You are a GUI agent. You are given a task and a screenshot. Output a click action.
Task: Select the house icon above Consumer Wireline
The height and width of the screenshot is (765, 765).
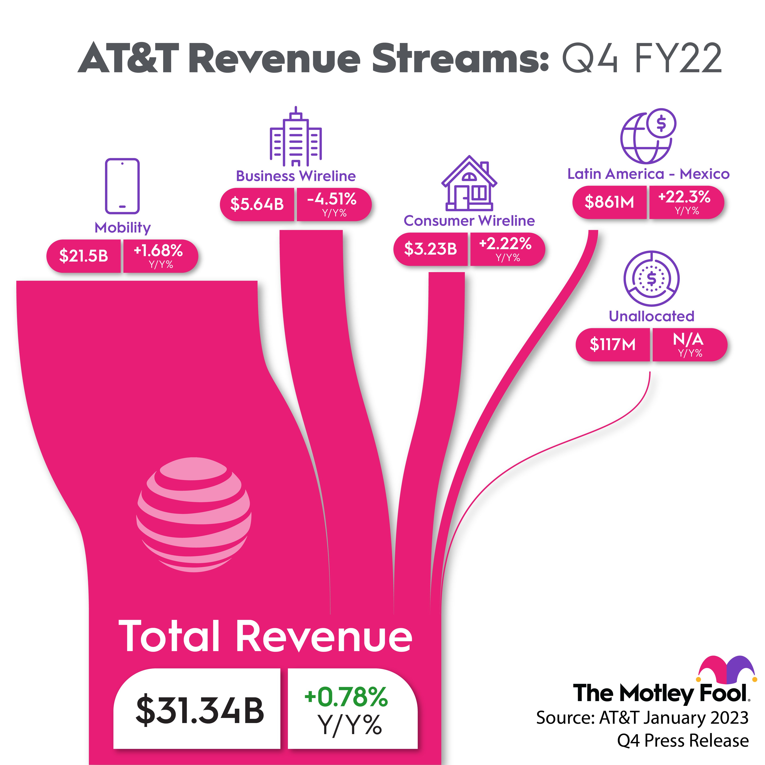(469, 183)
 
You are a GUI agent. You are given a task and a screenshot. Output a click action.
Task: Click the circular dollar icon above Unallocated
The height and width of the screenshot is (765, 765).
(651, 278)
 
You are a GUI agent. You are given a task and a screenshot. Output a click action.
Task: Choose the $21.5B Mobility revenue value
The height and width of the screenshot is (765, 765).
(83, 256)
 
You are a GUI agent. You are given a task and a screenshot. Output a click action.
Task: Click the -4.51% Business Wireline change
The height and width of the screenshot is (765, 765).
(332, 199)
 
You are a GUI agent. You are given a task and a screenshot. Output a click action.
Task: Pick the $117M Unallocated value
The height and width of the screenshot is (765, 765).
(612, 344)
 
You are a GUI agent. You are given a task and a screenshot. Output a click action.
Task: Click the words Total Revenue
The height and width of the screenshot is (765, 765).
(265, 637)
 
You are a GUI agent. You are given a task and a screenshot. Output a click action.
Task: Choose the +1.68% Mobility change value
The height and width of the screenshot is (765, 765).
(158, 251)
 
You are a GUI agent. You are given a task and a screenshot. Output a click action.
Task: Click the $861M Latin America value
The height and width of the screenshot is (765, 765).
(609, 202)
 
